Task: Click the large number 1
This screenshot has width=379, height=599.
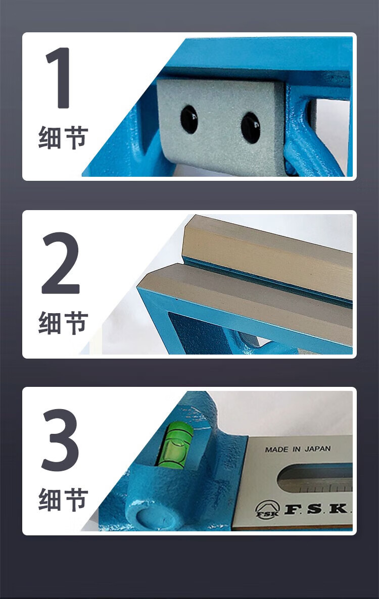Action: [58, 78]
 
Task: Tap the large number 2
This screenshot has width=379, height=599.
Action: [61, 263]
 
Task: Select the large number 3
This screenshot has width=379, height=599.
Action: [60, 440]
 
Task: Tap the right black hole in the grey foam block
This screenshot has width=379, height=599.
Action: [251, 127]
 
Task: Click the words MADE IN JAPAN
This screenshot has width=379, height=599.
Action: [298, 450]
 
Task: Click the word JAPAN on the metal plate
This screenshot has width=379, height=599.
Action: [317, 449]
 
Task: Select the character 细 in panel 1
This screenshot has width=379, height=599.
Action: [51, 137]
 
